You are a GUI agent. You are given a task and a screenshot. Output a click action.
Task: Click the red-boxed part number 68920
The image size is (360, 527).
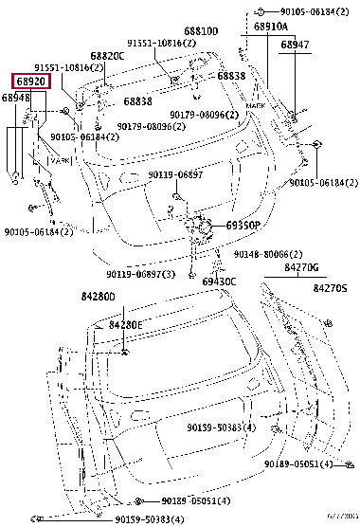click(x=30, y=82)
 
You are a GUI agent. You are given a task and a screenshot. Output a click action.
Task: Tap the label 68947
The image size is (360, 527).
click(x=295, y=45)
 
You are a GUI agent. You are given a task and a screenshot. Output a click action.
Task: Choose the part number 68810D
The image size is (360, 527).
click(x=201, y=30)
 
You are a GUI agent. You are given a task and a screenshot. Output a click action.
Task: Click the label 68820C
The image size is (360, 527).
click(x=108, y=56)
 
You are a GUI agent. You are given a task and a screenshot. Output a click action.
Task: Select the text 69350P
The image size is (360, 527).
click(x=243, y=227)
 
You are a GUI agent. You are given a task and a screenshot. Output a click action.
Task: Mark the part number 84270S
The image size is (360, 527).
click(x=330, y=287)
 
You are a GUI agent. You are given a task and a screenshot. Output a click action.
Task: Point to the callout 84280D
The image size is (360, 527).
click(x=97, y=297)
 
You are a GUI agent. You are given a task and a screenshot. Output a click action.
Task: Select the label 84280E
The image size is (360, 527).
click(x=125, y=324)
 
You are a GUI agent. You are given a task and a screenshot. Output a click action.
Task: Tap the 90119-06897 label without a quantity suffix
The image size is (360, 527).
click(x=175, y=175)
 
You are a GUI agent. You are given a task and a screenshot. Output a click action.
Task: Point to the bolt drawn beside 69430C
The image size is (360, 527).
click(x=191, y=276)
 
